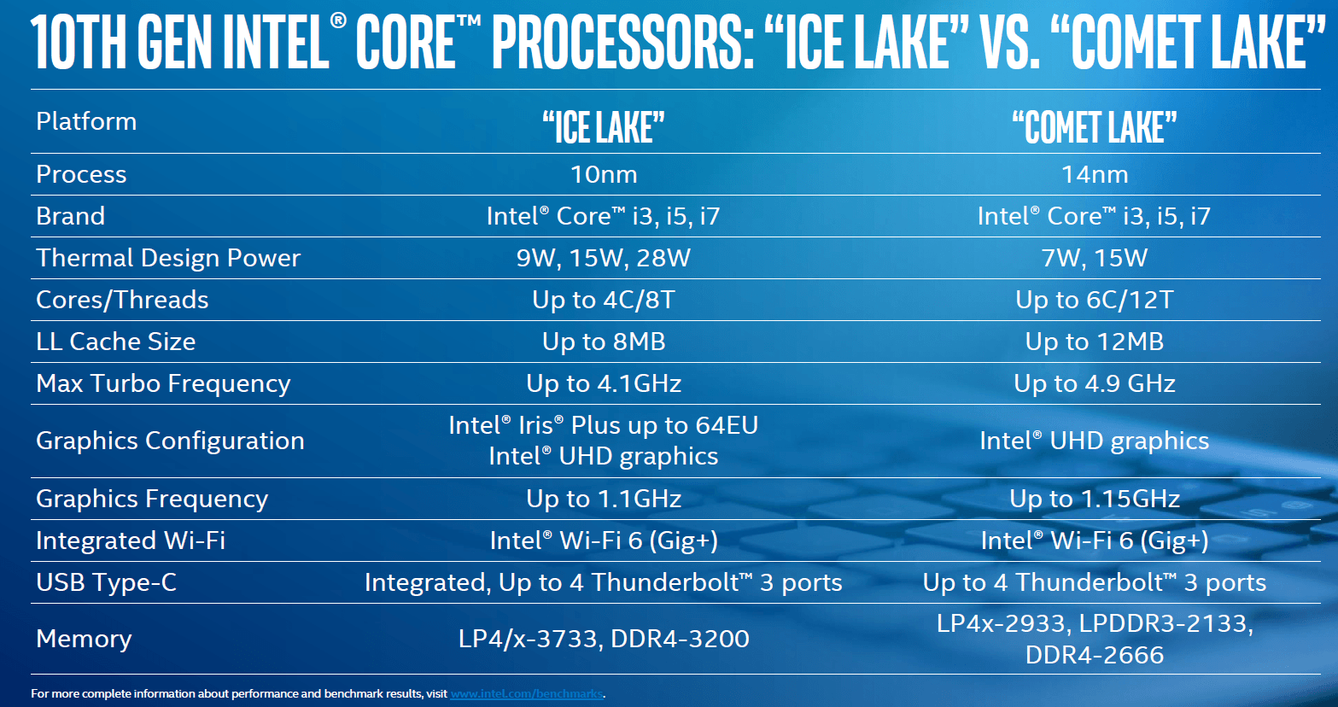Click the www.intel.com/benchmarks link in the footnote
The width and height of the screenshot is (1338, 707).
point(526,694)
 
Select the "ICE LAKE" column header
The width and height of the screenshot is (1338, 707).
point(604,127)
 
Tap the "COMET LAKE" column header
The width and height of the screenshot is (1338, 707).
point(1095,127)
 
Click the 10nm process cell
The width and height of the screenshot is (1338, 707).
point(604,174)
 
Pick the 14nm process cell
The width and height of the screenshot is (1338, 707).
point(1095,174)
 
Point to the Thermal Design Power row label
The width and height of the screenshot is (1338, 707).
point(168,258)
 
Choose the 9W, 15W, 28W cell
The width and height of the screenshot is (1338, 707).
point(604,258)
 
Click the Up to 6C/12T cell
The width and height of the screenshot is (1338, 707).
point(1095,300)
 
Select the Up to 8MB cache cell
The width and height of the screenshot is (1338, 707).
point(604,342)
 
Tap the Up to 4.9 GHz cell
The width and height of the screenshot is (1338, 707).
point(1095,383)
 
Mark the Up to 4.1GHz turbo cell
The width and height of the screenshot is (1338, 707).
point(604,383)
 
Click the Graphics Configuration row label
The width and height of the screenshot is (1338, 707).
point(170,441)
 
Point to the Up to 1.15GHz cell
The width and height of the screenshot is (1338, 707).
point(1095,499)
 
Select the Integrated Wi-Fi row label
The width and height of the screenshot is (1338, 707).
point(131,540)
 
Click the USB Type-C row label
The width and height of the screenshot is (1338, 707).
point(107,582)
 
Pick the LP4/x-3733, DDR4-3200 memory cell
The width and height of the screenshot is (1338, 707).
point(604,639)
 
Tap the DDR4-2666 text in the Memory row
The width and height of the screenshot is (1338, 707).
point(1095,655)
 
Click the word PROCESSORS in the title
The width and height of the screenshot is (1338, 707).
point(623,42)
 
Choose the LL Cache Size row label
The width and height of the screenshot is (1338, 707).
point(116,342)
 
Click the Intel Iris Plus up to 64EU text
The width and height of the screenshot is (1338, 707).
point(604,425)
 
